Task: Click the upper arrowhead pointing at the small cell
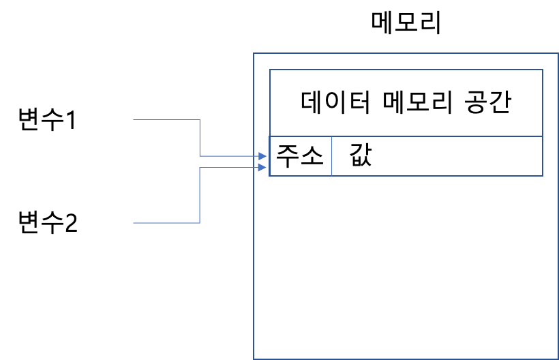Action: pyautogui.click(x=263, y=156)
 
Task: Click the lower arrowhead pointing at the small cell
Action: pyautogui.click(x=263, y=167)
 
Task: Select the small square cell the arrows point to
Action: pyautogui.click(x=301, y=156)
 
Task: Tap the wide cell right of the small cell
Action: pyautogui.click(x=437, y=156)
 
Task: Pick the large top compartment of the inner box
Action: pyautogui.click(x=406, y=103)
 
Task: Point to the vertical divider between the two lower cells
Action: pyautogui.click(x=332, y=156)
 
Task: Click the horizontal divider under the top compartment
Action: pyautogui.click(x=406, y=136)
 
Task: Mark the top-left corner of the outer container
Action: pyautogui.click(x=254, y=53)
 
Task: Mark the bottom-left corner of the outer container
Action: pyautogui.click(x=254, y=358)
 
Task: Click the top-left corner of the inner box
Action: pyautogui.click(x=270, y=70)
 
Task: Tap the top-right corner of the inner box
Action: pyautogui.click(x=543, y=70)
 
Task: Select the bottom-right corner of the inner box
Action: pyautogui.click(x=543, y=176)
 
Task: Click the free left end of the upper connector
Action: pyautogui.click(x=134, y=120)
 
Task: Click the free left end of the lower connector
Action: pyautogui.click(x=134, y=223)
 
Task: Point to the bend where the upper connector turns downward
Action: pyautogui.click(x=200, y=120)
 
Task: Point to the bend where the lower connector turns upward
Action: pyautogui.click(x=200, y=223)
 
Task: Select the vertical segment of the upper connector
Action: pyautogui.click(x=200, y=138)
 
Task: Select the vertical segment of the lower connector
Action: pyautogui.click(x=200, y=195)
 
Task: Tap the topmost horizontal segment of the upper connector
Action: pyautogui.click(x=166, y=120)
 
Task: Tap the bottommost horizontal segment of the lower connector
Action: pyautogui.click(x=166, y=223)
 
